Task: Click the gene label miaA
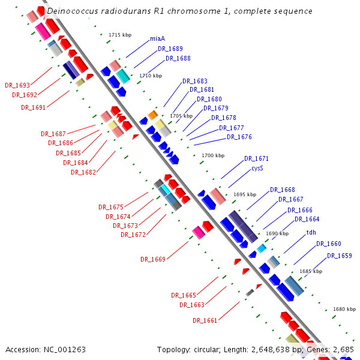click(157, 38)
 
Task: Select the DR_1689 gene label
click(170, 49)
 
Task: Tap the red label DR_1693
click(17, 85)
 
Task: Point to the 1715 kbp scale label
click(120, 35)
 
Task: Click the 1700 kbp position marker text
click(213, 155)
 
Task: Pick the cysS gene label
click(257, 168)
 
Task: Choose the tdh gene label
click(311, 232)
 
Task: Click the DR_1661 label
click(205, 320)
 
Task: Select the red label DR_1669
click(153, 259)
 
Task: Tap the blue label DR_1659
click(340, 256)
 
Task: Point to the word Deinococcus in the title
click(73, 11)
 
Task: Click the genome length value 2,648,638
click(273, 350)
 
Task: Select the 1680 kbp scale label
click(344, 309)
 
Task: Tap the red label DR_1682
click(83, 172)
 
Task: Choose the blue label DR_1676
click(239, 137)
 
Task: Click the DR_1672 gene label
click(133, 235)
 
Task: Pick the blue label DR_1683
click(195, 81)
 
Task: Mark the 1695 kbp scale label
click(245, 194)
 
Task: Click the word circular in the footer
click(207, 350)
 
